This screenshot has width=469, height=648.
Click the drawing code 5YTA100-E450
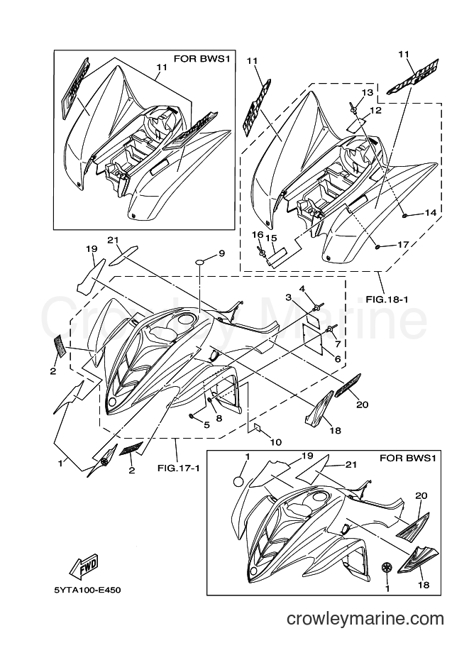(x=87, y=590)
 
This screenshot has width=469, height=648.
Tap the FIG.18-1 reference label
(x=387, y=299)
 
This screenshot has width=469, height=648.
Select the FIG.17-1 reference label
(x=179, y=468)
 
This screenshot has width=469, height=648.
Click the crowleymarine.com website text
(x=365, y=618)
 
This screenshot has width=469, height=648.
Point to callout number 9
(x=221, y=253)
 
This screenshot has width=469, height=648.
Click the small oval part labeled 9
(x=200, y=262)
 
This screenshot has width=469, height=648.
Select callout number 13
(x=368, y=92)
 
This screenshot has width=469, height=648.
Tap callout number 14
(x=430, y=212)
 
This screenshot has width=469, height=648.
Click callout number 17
(x=403, y=245)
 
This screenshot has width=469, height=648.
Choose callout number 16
(x=258, y=235)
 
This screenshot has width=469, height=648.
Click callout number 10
(x=275, y=442)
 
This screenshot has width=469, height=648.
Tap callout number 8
(x=219, y=418)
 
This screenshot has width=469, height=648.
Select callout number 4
(x=302, y=288)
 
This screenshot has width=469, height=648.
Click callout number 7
(x=337, y=344)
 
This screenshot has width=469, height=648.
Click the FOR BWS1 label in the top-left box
(x=202, y=59)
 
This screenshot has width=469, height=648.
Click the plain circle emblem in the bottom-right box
(x=238, y=481)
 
